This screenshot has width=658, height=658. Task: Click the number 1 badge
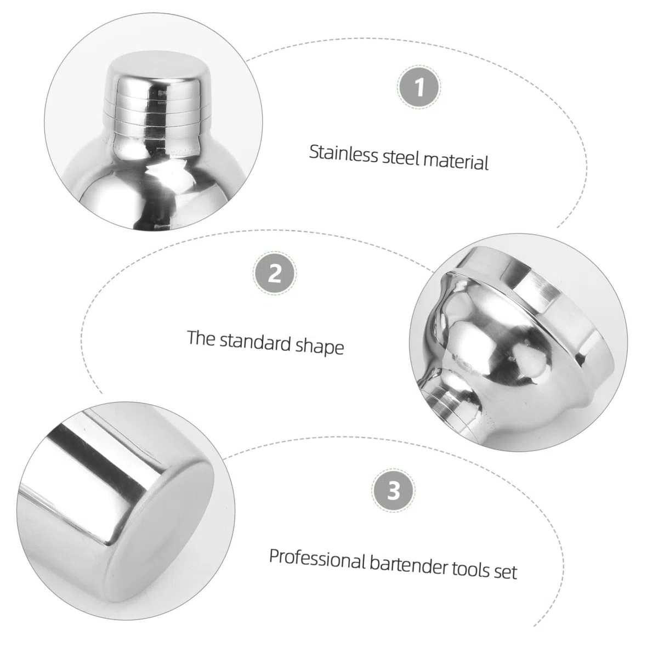[x=419, y=87]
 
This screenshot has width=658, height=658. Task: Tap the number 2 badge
[x=275, y=273]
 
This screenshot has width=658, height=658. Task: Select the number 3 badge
[x=393, y=490]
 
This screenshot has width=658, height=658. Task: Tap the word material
[x=456, y=161]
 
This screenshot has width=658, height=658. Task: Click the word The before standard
[x=201, y=338]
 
